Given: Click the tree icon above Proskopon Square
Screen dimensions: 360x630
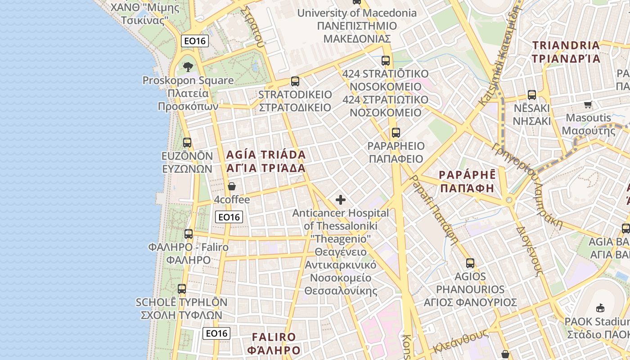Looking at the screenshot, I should (188, 67).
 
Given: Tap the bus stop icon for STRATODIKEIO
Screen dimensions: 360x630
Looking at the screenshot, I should (295, 81).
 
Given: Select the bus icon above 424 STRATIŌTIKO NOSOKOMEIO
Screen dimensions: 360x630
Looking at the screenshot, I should (386, 60).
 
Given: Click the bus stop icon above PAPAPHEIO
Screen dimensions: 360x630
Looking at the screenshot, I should (396, 133).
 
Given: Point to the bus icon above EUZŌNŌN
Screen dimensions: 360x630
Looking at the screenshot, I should (187, 143).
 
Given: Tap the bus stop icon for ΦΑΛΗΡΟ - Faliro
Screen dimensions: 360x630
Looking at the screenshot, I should (189, 234).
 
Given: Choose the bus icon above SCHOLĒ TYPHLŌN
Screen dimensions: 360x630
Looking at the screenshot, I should (182, 289).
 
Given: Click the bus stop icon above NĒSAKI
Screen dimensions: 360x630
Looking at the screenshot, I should (532, 95).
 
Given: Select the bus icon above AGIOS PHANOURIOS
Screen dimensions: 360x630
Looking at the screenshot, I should (470, 263).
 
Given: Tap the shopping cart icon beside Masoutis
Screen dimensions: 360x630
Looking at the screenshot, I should (588, 105).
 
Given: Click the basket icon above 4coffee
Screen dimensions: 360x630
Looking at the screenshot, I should (232, 186).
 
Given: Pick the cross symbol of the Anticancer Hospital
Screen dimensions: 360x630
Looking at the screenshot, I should (341, 200).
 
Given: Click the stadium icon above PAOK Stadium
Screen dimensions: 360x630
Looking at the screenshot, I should (600, 308).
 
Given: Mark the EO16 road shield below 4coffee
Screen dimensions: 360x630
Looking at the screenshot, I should (229, 217).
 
